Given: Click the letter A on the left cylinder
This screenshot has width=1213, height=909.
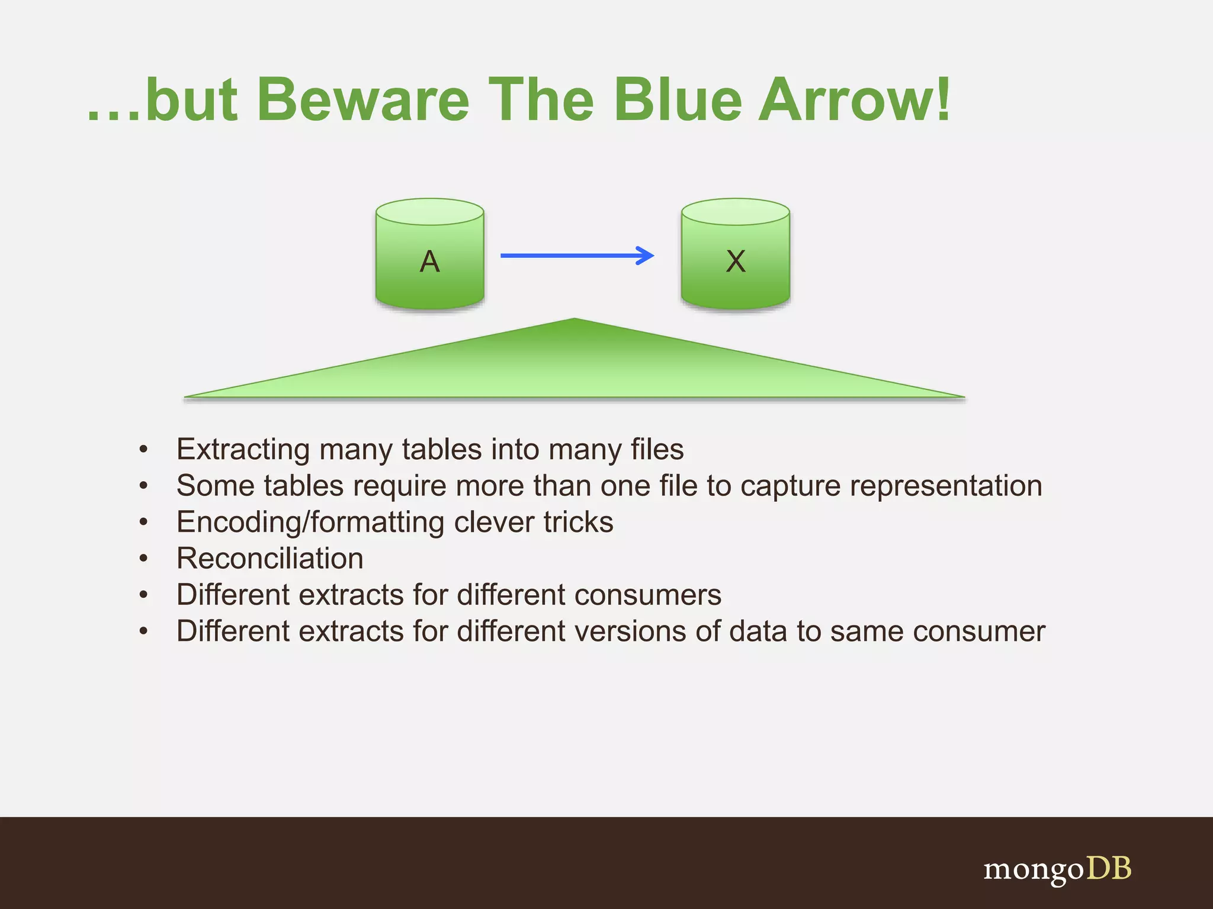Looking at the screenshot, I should point(429,261).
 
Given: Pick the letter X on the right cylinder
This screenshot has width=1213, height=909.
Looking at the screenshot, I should point(736,261).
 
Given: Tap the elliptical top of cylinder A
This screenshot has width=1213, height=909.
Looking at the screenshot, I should point(429,212).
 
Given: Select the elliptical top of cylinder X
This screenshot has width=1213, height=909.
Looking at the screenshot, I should point(735,212).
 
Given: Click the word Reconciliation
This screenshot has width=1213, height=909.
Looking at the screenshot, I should point(269,559).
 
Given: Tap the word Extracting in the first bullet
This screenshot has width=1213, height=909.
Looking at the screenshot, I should point(243,450).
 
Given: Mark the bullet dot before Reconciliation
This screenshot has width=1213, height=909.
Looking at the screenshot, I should point(143,558).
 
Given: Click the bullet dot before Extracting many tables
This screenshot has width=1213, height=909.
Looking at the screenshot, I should point(143,449).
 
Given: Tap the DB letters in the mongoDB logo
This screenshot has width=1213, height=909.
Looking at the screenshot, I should point(1109,869).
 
